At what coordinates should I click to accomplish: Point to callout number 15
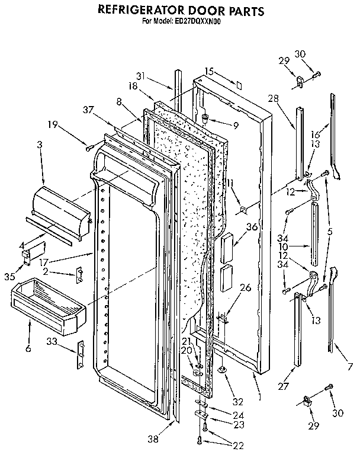[x=208, y=71]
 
